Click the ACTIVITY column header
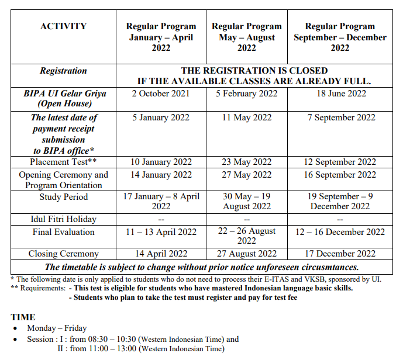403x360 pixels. click(63, 26)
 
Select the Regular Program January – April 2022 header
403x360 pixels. click(161, 37)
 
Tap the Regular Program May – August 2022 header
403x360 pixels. click(246, 37)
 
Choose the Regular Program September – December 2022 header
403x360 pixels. click(340, 37)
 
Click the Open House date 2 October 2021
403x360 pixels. click(161, 94)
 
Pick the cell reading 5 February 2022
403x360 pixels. click(246, 94)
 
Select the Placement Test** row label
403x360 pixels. click(63, 162)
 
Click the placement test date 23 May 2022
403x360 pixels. click(246, 162)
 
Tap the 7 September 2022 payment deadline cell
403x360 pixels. click(342, 117)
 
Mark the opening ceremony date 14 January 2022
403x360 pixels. click(161, 175)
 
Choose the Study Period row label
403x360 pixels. click(63, 197)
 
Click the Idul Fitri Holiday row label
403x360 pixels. click(63, 219)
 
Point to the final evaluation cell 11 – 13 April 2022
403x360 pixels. click(161, 232)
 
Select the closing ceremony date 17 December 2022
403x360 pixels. click(342, 254)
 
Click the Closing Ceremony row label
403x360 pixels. click(63, 254)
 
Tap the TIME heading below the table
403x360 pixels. click(23, 317)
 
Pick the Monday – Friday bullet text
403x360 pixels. click(57, 328)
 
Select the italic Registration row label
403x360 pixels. click(63, 71)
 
